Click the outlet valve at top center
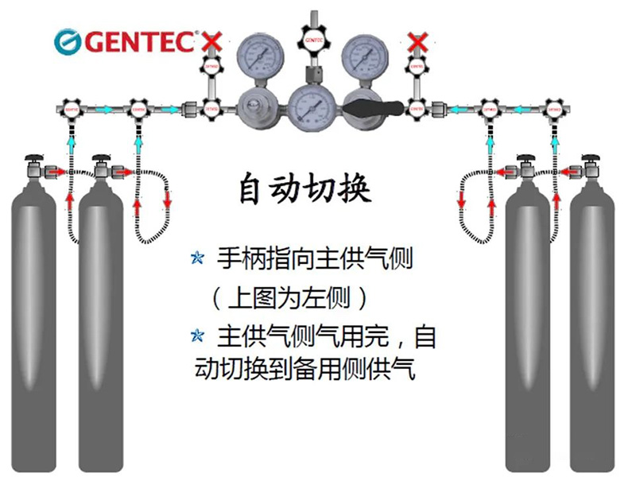pos(312,37)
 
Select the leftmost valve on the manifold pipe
pos(70,107)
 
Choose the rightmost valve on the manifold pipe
pos(554,107)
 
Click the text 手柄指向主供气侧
pos(314,259)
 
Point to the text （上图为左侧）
pos(290,298)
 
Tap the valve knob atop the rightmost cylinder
pos(592,154)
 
